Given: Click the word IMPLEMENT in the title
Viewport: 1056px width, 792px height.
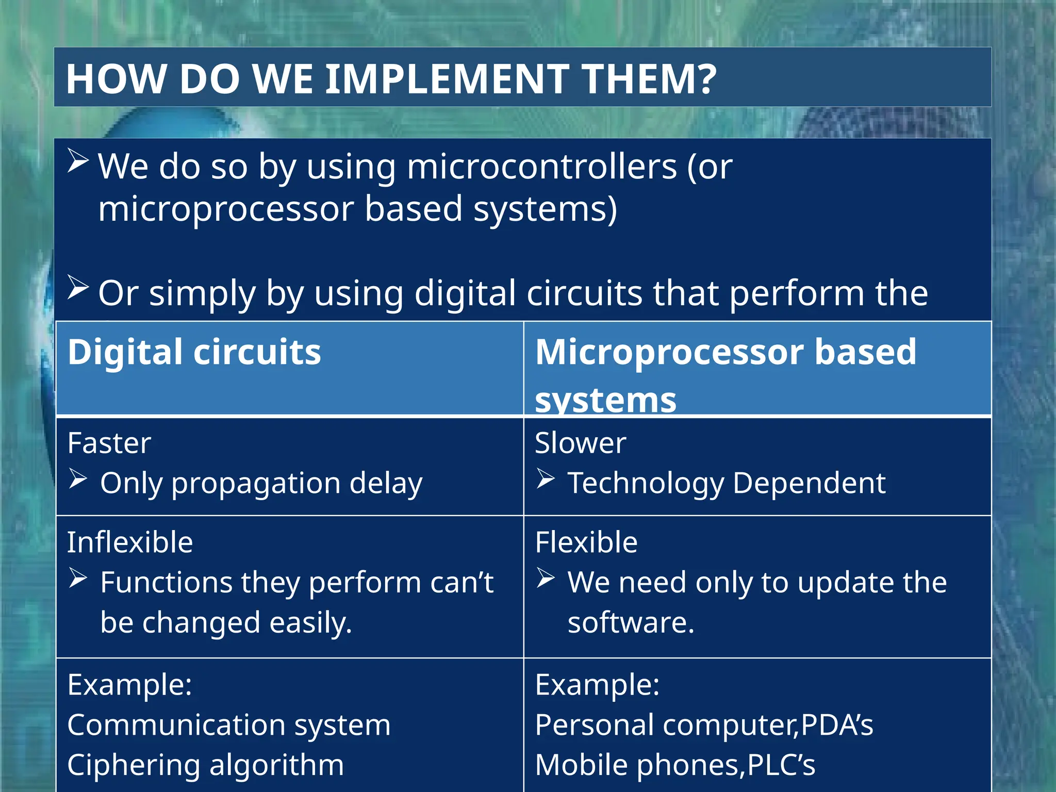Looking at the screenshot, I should point(448,79).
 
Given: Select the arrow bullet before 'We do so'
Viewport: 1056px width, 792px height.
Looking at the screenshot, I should point(78,161).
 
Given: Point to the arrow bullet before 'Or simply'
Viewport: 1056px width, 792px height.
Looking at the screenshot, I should point(78,287).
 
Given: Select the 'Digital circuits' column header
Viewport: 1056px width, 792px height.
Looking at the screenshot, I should point(194,352).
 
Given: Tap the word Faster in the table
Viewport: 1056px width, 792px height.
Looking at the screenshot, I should point(109,443).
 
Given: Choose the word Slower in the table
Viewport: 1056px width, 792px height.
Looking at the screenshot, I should point(580,443).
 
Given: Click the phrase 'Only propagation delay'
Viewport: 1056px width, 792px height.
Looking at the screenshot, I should point(261,483).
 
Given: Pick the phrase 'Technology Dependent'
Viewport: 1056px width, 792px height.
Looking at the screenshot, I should point(726,483).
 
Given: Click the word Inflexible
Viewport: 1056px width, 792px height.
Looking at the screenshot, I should point(130,542).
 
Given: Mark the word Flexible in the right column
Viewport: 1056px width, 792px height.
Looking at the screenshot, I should point(586,542).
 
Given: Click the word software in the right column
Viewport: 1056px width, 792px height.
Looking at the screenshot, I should point(631,622).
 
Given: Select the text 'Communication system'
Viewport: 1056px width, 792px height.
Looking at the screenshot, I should point(229,725).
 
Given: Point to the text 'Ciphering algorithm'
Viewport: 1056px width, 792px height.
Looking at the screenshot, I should point(205,765).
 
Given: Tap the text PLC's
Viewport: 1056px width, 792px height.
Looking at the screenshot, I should point(781,765).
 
